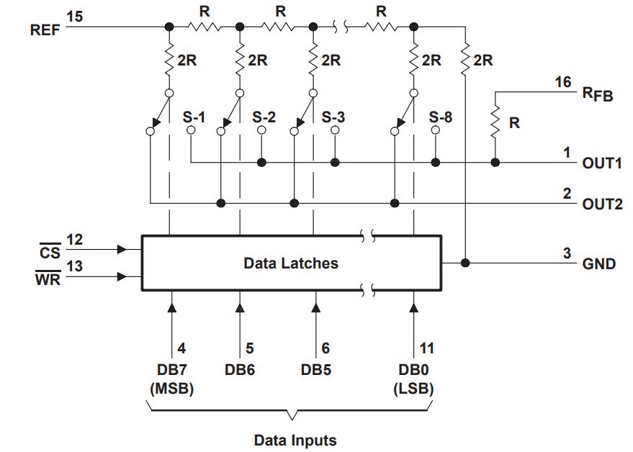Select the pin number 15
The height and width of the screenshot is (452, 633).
[74, 16]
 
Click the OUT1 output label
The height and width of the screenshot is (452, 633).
[601, 163]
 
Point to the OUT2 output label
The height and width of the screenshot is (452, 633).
[601, 203]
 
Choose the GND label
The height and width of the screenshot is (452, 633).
[599, 263]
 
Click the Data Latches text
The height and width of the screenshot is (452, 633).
[290, 263]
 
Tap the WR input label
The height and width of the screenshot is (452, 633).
[49, 279]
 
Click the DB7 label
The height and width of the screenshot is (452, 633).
[171, 371]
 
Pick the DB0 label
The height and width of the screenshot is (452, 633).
[414, 371]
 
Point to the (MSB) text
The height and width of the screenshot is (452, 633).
[171, 389]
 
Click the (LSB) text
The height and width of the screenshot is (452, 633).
[414, 389]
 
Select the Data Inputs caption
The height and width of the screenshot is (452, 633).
[295, 439]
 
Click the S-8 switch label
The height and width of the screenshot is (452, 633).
[441, 116]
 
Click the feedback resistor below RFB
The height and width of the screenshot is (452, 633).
[495, 123]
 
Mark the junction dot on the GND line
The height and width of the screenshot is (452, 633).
[466, 263]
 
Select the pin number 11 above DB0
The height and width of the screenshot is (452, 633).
[426, 348]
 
